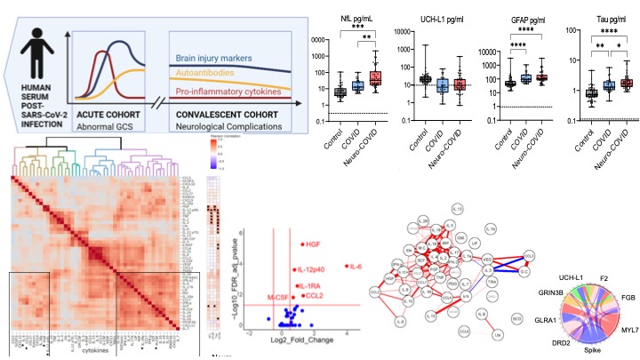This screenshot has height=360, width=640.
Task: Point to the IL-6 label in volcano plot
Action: (356, 267)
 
